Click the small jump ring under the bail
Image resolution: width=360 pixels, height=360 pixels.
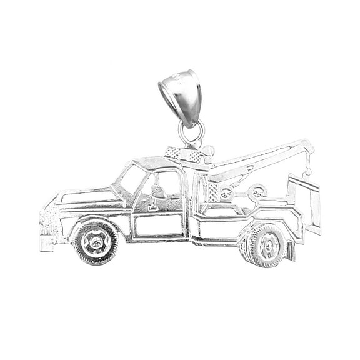pos(191,132)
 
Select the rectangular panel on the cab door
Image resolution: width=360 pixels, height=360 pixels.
pos(159,224)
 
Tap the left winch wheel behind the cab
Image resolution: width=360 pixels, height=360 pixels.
pos(226,193)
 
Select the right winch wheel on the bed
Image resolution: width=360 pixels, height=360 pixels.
pos(256,192)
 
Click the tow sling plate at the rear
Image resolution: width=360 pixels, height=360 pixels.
pos(311,203)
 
